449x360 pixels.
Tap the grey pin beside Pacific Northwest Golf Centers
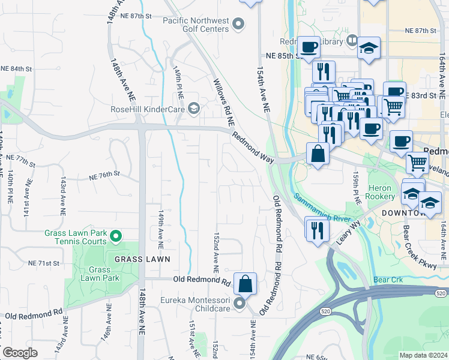pyautogui.click(x=239, y=25)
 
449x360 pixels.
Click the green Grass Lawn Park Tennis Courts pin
pyautogui.click(x=117, y=236)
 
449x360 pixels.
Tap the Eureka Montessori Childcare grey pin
pyautogui.click(x=240, y=304)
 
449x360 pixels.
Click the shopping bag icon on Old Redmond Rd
pyautogui.click(x=245, y=284)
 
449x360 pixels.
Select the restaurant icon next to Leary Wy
pyautogui.click(x=317, y=230)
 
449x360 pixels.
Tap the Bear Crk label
pyautogui.click(x=385, y=280)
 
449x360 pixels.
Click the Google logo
pyautogui.click(x=20, y=353)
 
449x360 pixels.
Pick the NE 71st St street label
pyautogui.click(x=44, y=263)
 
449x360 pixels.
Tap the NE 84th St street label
pyautogui.click(x=16, y=69)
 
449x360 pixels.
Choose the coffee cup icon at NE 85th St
pyautogui.click(x=309, y=47)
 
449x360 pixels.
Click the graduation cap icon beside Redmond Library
pyautogui.click(x=369, y=47)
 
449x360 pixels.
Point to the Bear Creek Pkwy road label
pyautogui.click(x=417, y=242)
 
